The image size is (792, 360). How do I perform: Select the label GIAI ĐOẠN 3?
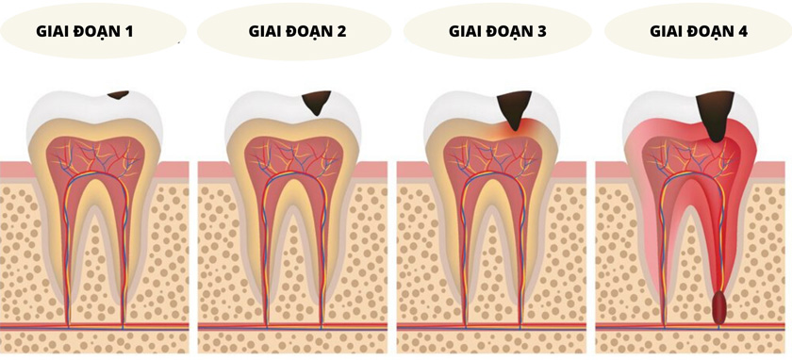click(497, 30)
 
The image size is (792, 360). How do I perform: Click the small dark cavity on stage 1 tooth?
click(119, 94)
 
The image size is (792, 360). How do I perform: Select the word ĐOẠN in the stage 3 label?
click(510, 30)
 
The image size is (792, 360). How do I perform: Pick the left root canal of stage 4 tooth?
click(667, 254)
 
